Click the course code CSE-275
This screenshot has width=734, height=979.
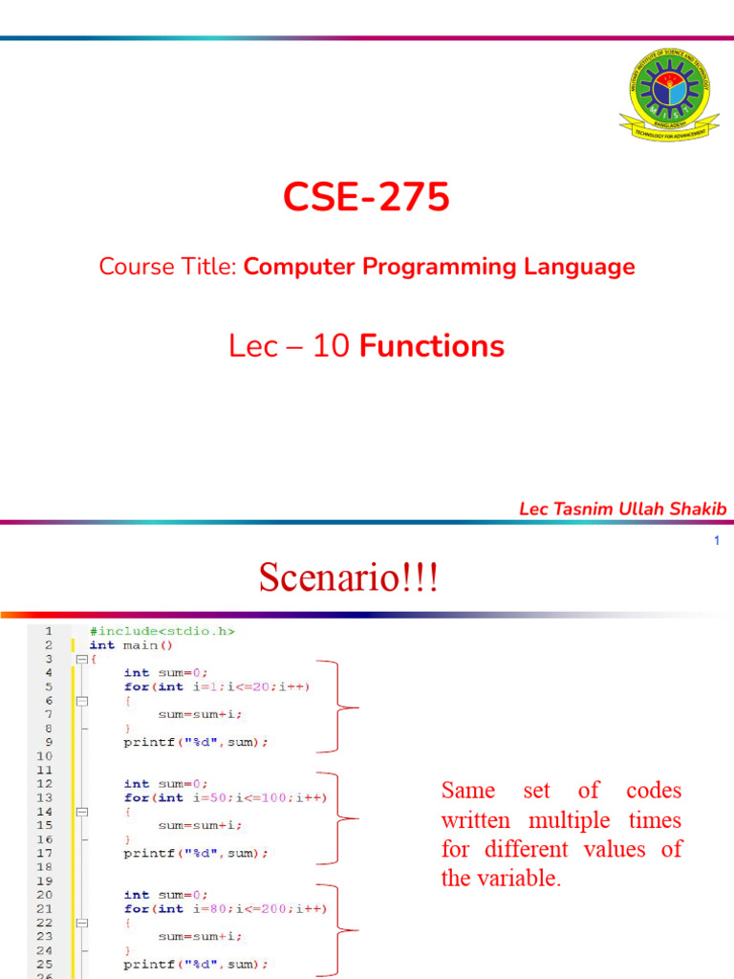coord(366,198)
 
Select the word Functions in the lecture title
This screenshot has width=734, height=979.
coord(432,345)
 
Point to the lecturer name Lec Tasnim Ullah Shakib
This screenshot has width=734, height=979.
coord(622,509)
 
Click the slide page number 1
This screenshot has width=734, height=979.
coord(716,542)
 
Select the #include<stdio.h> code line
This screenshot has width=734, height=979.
coord(162,631)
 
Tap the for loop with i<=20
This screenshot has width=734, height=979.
coord(217,686)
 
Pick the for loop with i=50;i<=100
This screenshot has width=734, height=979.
coord(225,797)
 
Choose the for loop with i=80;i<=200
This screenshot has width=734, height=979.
coord(225,908)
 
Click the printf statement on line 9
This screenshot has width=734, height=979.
coord(196,742)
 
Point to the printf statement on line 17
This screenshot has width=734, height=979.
coord(196,853)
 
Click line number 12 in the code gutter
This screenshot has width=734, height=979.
coord(45,783)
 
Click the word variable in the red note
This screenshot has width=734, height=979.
coord(524,879)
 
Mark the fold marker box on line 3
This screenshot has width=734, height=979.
coord(81,659)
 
